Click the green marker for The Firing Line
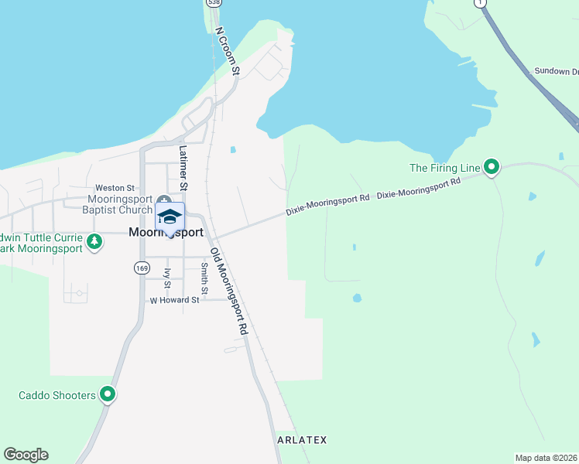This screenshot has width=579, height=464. coord(491,167)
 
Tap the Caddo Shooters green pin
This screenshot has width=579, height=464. coord(108,395)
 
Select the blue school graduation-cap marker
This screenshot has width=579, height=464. coord(170,217)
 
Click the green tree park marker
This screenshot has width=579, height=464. coord(94,241)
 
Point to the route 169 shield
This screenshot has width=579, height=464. coord(141,268)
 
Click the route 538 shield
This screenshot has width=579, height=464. coord(213,3)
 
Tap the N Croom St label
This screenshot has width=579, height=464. coord(228,52)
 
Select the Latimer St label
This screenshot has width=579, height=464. coord(183,168)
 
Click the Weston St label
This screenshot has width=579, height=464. coord(115,188)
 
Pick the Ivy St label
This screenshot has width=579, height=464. coord(167,278)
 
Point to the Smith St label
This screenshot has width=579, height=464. coord(204,279)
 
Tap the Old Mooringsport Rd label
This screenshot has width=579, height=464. coord(230,291)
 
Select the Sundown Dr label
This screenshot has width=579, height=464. coord(555,72)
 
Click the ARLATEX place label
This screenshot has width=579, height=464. coord(302,440)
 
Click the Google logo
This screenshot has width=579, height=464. coord(26,455)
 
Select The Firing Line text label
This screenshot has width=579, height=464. coord(444,167)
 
